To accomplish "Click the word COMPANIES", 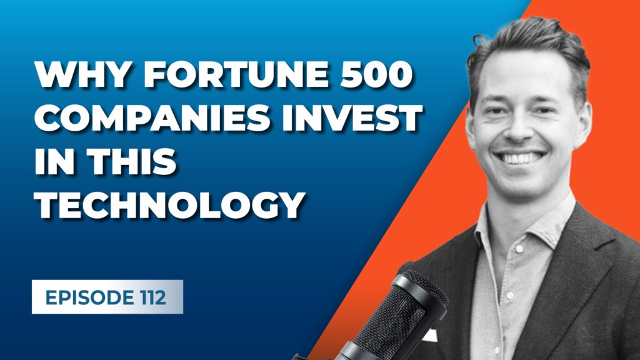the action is point(152,117).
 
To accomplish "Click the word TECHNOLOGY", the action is point(169,204).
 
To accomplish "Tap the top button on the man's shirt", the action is point(519,249).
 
